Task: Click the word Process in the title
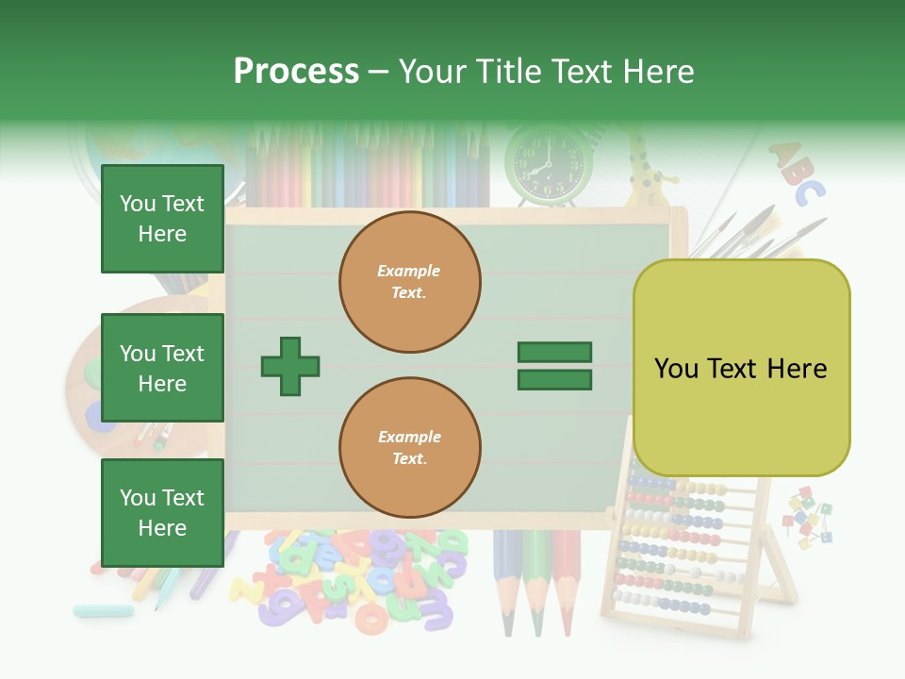(296, 72)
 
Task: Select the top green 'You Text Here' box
(162, 219)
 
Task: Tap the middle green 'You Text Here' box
(162, 368)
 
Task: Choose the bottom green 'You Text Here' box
(162, 512)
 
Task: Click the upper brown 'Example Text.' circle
(409, 281)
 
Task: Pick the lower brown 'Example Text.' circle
(409, 447)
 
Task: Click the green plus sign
(290, 366)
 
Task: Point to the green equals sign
(554, 366)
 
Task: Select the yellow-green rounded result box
(741, 368)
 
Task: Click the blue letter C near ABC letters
(809, 192)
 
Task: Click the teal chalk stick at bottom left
(103, 610)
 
